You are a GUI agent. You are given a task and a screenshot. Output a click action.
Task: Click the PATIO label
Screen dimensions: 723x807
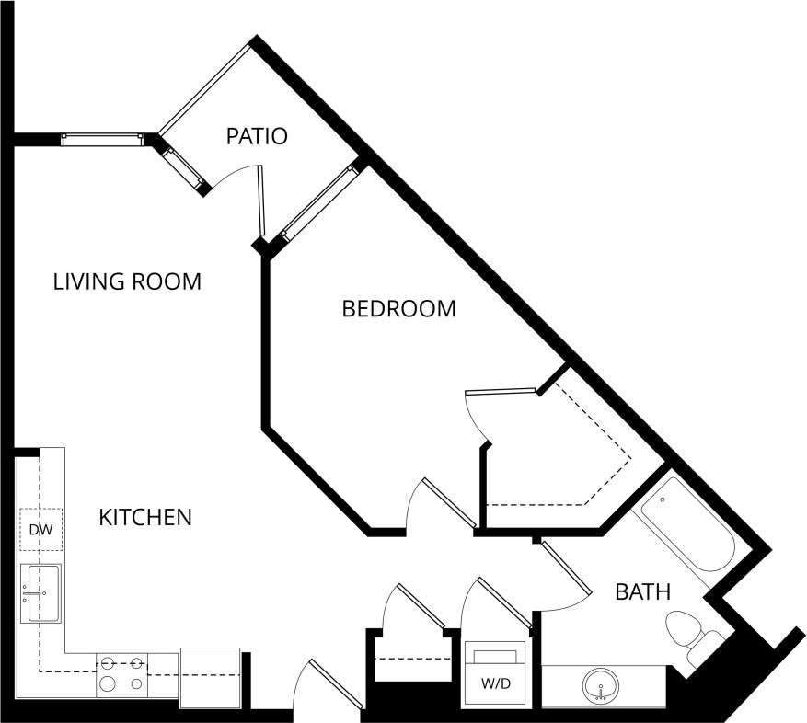click(x=257, y=137)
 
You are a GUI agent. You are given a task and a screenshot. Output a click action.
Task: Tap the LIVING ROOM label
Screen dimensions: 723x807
click(x=127, y=281)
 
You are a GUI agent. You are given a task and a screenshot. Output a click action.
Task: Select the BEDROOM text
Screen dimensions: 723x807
click(x=398, y=309)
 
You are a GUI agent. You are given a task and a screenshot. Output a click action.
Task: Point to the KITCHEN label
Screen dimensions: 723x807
click(x=145, y=518)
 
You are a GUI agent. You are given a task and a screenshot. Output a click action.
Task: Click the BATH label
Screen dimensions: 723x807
click(x=642, y=592)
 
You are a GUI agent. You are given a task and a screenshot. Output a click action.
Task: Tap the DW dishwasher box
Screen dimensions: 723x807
click(x=40, y=530)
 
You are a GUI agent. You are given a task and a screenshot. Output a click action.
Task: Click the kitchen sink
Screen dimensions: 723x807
click(x=41, y=592)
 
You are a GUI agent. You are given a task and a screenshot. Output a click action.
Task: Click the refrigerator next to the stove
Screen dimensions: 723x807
click(x=210, y=677)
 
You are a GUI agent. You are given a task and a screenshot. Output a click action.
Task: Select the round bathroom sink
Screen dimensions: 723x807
click(x=600, y=685)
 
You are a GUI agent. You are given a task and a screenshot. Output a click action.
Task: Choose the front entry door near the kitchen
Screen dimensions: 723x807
click(x=327, y=686)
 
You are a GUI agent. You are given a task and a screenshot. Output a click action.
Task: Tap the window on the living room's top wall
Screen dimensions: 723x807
click(x=101, y=140)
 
